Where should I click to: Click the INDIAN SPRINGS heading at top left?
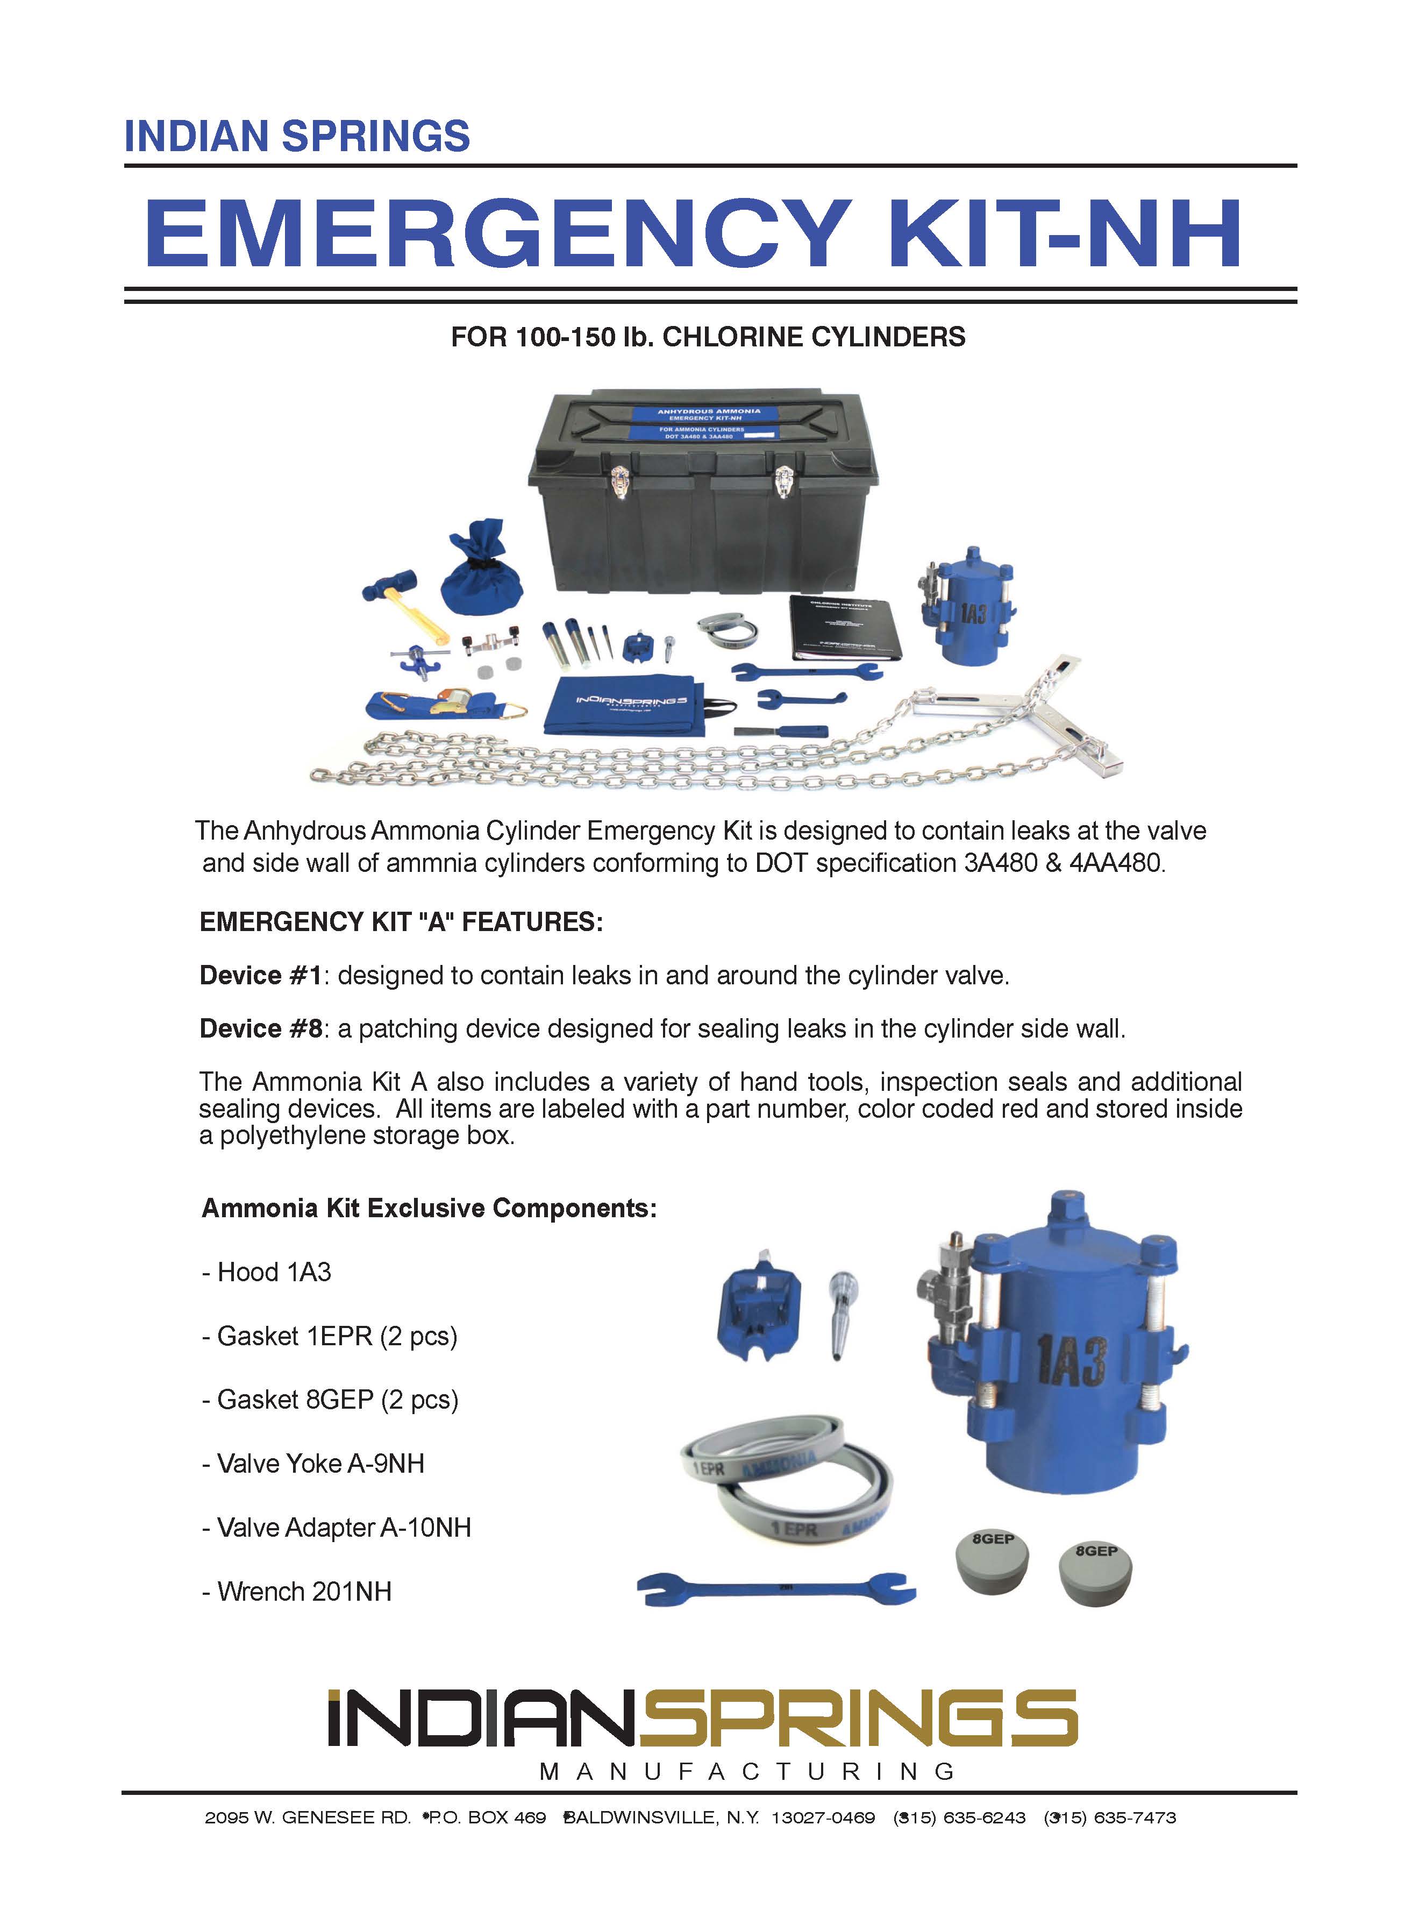point(297,137)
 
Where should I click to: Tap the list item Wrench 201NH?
point(297,1592)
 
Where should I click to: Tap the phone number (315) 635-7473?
point(1110,1817)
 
